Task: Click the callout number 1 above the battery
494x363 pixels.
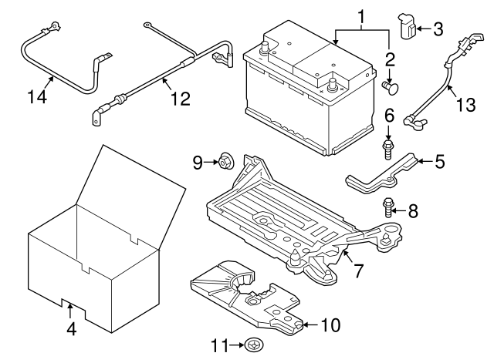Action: (360, 15)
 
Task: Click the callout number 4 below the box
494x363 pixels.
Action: (71, 329)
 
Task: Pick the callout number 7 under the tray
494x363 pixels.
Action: (359, 272)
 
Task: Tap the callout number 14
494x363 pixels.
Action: (36, 97)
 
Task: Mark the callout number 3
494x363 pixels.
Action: (438, 29)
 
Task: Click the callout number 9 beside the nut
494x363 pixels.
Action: (198, 162)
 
